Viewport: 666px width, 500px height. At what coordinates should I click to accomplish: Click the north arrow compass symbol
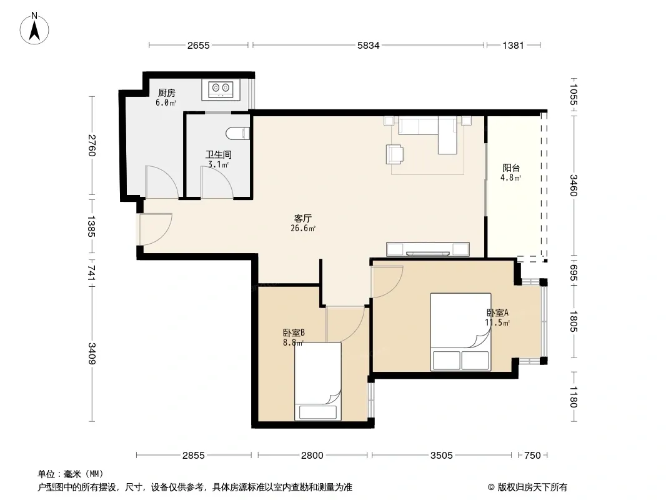click(x=34, y=29)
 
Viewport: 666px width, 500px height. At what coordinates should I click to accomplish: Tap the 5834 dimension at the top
click(x=368, y=45)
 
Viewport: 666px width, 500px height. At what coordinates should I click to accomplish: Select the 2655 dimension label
click(x=198, y=45)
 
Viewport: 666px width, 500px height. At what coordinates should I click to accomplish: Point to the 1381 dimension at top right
click(x=513, y=45)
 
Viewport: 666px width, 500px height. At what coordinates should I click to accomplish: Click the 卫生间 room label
click(x=218, y=154)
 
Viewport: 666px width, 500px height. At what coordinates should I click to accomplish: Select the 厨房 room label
click(x=166, y=92)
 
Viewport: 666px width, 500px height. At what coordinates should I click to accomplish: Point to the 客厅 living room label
click(x=303, y=218)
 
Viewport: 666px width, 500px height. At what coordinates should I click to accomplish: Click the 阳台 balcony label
click(x=511, y=167)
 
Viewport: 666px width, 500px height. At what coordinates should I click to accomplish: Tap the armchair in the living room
click(x=395, y=154)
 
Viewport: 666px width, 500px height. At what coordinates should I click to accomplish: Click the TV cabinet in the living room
click(x=428, y=249)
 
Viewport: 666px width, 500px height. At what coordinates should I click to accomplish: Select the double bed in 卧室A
click(x=461, y=332)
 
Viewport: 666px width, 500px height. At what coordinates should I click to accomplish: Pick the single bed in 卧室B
click(x=318, y=381)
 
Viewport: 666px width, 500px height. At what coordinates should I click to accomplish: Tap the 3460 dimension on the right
click(x=574, y=185)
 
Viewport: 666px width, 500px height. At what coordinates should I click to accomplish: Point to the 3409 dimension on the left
click(x=92, y=354)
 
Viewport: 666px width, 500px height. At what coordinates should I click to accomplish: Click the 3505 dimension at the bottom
click(x=441, y=456)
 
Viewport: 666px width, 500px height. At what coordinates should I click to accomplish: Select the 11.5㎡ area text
click(x=497, y=322)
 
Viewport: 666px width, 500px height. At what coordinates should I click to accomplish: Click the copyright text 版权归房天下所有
click(x=532, y=487)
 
